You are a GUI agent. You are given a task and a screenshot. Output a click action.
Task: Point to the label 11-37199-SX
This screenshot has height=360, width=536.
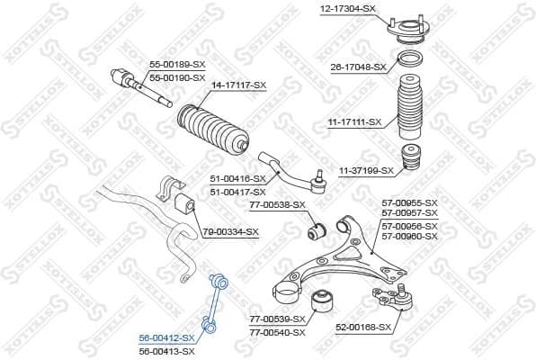(367, 170)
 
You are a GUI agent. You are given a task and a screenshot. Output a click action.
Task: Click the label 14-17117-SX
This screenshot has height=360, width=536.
(239, 85)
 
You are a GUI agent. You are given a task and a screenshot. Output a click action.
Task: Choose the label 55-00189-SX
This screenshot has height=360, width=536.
(175, 65)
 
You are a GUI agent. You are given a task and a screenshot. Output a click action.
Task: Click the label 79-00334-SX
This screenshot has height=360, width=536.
(230, 232)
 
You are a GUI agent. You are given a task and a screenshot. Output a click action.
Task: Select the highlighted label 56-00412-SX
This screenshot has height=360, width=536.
(167, 337)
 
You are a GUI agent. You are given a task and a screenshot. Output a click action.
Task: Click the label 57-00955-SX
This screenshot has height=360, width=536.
(410, 203)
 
